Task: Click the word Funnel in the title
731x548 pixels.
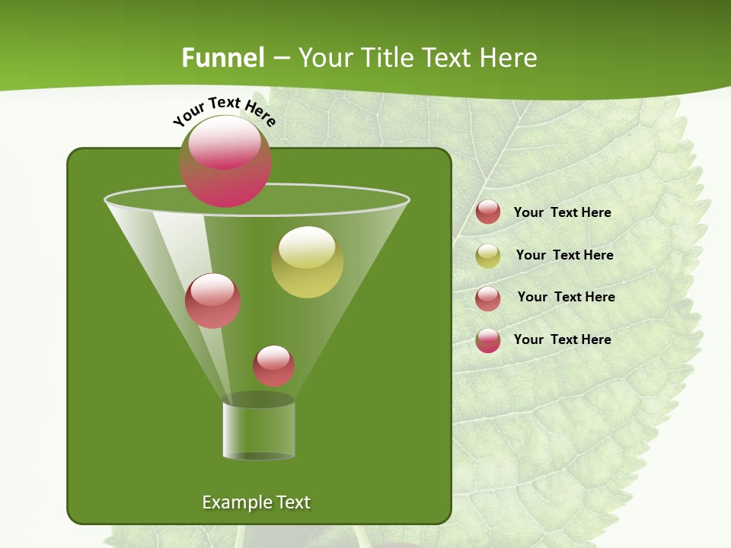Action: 223,58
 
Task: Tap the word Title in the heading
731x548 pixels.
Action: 385,58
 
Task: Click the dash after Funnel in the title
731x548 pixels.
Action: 280,58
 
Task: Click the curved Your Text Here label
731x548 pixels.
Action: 225,111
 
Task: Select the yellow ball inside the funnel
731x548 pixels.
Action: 308,263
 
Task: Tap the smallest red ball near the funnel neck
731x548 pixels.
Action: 273,366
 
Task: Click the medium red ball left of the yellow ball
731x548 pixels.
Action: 213,301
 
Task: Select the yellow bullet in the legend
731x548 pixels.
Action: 488,256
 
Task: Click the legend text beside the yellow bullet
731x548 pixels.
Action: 564,255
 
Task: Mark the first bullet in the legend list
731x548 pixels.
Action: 488,212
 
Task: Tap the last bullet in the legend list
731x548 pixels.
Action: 488,340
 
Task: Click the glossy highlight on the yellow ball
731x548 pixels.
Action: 307,247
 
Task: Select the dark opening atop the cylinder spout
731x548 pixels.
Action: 258,400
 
